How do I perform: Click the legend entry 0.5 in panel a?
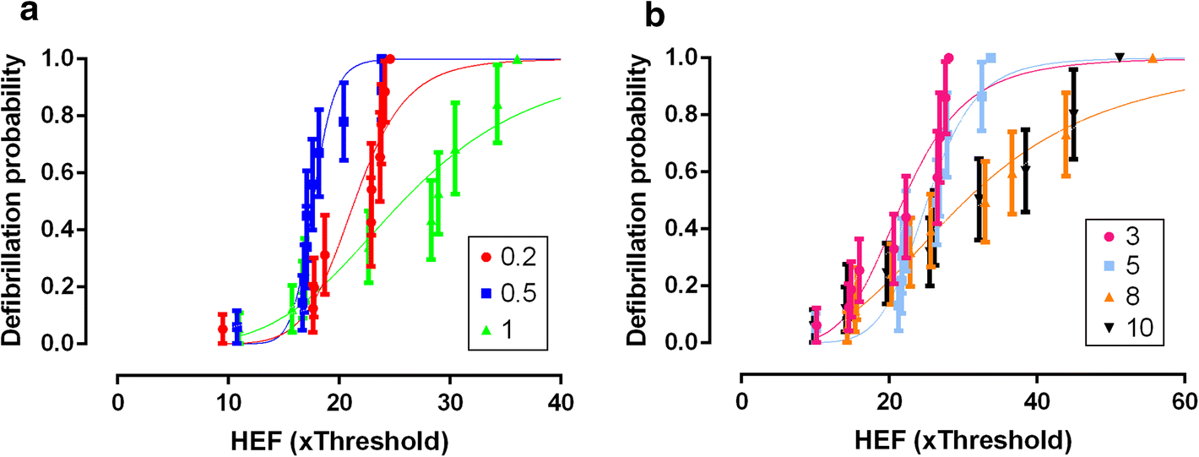point(507,294)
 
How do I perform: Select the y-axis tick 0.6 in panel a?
point(88,173)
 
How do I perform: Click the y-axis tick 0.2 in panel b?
point(711,286)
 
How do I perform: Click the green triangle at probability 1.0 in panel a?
point(517,58)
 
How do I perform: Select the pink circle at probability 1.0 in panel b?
point(948,58)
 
